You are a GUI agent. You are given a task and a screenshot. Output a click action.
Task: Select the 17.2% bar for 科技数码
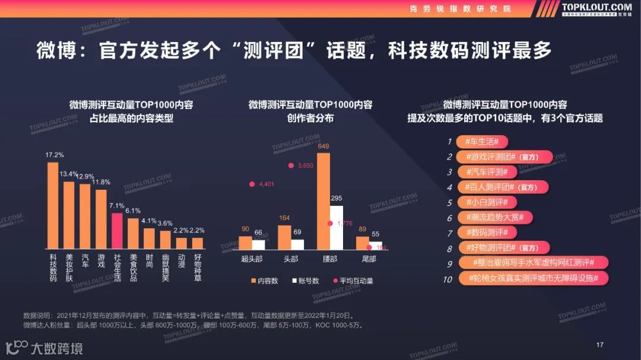(x=53, y=205)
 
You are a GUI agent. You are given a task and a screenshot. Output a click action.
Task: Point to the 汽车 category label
(x=85, y=260)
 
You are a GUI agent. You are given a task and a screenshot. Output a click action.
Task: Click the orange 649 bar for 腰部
(x=323, y=201)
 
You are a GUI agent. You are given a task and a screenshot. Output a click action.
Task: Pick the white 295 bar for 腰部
(x=337, y=227)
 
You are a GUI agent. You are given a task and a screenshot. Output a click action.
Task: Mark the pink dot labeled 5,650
(x=291, y=165)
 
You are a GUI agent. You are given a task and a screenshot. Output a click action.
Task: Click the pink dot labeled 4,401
(x=252, y=184)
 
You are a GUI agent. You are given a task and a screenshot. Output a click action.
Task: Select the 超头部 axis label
(x=252, y=259)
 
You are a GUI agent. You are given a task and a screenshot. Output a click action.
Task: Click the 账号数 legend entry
(x=306, y=281)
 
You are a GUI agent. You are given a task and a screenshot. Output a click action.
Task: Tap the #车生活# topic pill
(x=481, y=142)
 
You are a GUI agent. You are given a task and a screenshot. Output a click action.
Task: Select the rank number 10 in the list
(x=448, y=279)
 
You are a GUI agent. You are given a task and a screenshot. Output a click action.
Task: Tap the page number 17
(x=599, y=345)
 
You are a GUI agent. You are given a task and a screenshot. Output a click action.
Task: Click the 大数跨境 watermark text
(x=57, y=348)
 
